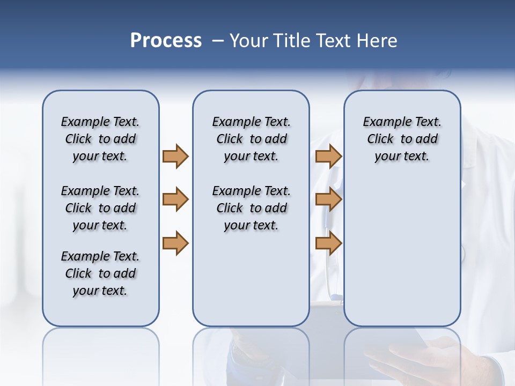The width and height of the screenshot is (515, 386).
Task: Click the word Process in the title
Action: point(166,41)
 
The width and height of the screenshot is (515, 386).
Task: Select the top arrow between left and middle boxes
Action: point(175,156)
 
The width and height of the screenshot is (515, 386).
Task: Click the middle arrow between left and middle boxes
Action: point(175,199)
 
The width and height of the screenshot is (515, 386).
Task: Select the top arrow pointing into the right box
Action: point(328,156)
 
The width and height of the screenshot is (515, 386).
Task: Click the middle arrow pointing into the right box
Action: point(328,199)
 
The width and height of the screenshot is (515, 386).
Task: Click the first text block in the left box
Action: point(100,139)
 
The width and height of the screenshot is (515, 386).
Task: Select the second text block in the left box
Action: point(100,208)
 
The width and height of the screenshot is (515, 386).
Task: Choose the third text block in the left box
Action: point(100,273)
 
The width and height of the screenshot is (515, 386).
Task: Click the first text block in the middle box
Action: point(251,139)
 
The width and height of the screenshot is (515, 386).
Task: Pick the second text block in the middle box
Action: point(251,208)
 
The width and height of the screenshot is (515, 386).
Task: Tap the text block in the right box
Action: point(402,139)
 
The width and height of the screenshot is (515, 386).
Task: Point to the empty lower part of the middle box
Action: point(251,279)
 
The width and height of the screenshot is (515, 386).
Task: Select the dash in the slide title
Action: point(217,41)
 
